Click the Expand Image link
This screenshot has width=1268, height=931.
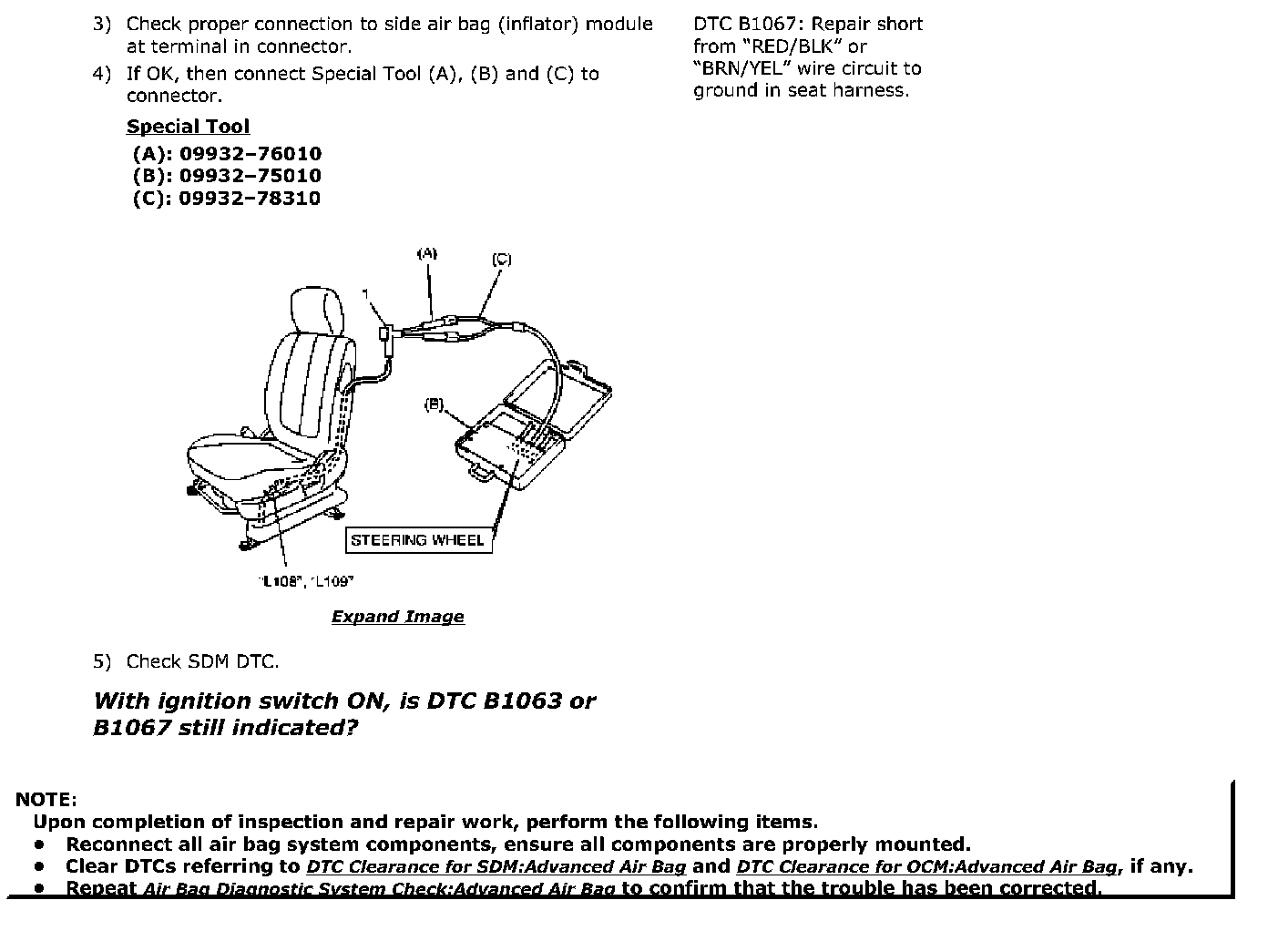397,617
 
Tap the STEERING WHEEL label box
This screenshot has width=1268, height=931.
417,540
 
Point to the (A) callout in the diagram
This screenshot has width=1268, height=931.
427,253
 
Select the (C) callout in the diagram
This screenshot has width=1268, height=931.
502,260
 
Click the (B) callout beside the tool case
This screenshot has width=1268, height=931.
435,404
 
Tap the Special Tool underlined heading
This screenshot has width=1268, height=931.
188,127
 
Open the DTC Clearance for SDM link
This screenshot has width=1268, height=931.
496,867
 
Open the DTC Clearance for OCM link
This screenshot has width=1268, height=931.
926,867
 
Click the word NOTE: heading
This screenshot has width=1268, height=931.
46,800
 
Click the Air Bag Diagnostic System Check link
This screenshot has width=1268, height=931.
380,889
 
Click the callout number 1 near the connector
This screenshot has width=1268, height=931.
365,293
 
